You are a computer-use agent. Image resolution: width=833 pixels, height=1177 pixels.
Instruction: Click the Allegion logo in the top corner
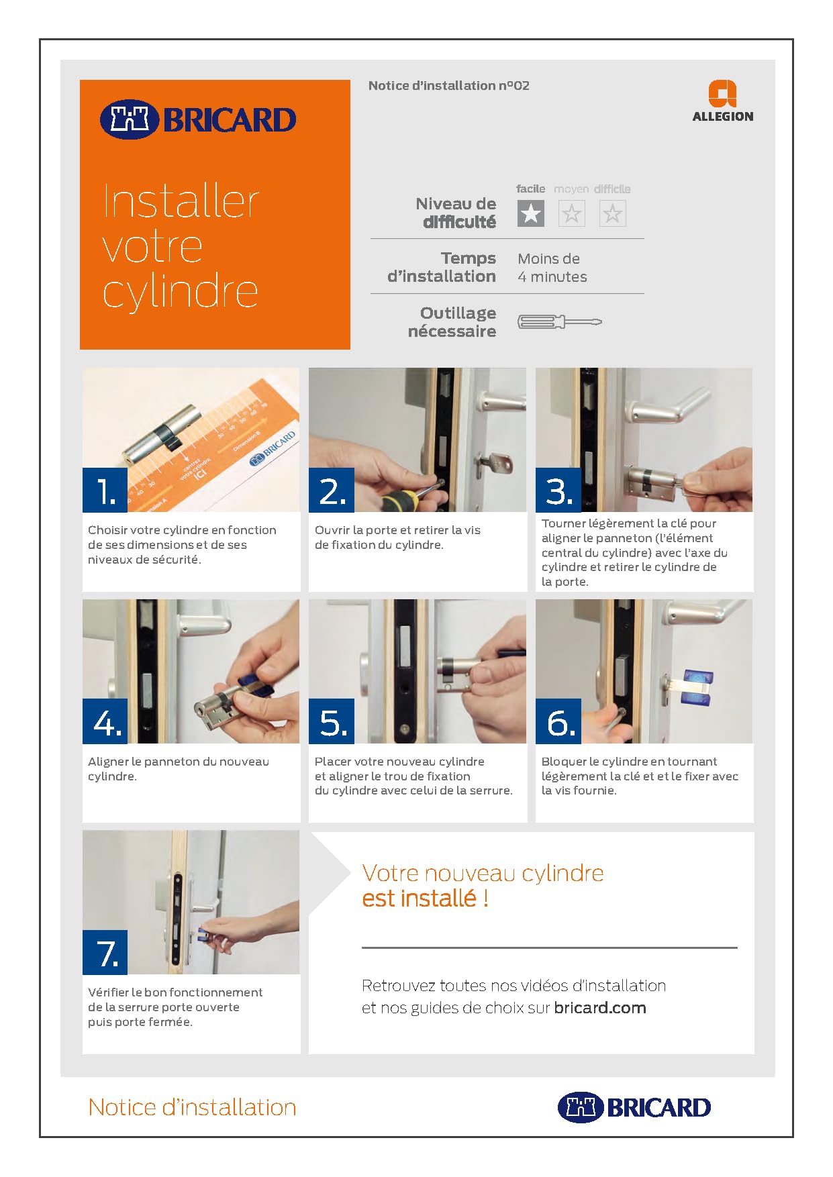point(722,101)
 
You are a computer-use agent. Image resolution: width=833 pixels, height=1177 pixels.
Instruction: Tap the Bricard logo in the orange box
point(198,120)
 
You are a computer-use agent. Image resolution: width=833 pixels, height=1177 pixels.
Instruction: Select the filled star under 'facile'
point(531,213)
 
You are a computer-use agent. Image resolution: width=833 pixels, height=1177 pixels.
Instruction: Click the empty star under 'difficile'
point(612,213)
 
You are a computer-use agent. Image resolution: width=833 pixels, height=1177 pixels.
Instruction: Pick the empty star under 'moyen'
point(572,213)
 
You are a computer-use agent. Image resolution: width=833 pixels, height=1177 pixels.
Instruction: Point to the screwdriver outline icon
point(560,322)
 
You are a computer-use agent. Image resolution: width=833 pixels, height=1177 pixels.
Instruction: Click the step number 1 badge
point(105,490)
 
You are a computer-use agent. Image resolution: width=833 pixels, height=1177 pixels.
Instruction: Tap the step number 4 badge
point(105,721)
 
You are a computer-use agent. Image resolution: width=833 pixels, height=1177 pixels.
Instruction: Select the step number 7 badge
point(105,952)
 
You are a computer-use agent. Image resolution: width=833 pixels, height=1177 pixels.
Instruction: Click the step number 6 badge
point(558,721)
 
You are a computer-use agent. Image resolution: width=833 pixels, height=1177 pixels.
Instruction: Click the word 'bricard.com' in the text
point(600,1008)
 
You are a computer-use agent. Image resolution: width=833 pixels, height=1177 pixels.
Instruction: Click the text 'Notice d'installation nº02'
point(449,86)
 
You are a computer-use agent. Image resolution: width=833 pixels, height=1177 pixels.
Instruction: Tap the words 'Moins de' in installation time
point(548,259)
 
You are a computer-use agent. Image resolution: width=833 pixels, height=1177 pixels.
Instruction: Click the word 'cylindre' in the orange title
point(181,293)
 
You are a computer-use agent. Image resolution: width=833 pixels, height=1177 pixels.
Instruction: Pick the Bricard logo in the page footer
point(634,1107)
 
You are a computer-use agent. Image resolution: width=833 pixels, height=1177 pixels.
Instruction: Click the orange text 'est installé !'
point(425,898)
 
